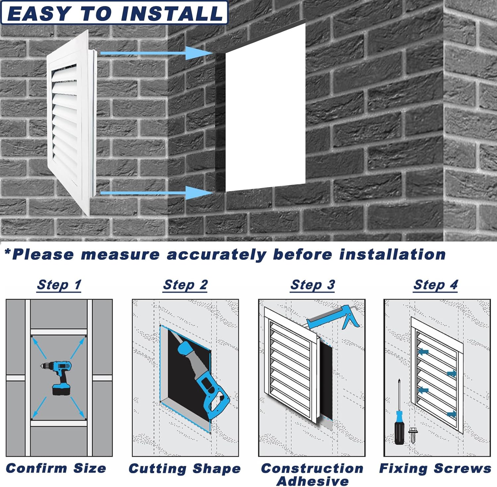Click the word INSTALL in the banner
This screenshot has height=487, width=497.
[x=172, y=14]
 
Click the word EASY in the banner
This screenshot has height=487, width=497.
[x=39, y=14]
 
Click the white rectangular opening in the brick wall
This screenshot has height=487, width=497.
[x=265, y=109]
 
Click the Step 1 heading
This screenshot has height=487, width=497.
[x=59, y=285]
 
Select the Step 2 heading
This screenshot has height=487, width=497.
[x=185, y=285]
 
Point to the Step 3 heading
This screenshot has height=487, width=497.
[x=312, y=285]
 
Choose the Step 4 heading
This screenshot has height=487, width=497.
[x=435, y=285]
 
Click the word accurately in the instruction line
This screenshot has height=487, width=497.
[x=216, y=255]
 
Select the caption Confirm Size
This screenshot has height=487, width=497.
[x=56, y=468]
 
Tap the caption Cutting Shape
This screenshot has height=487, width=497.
[x=185, y=469]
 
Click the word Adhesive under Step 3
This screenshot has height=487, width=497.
[x=312, y=481]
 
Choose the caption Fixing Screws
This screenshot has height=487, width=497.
[x=435, y=468]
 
